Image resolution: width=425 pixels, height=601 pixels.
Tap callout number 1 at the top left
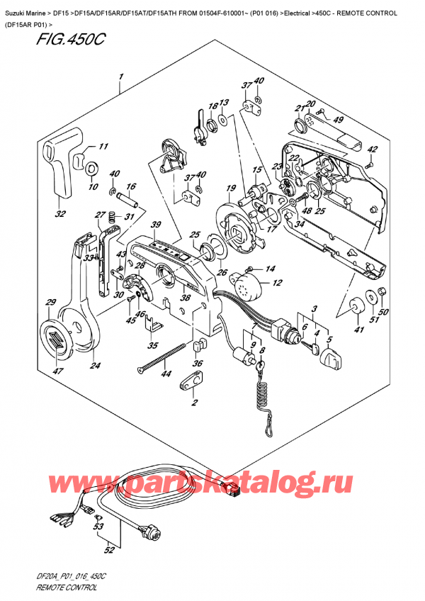(121, 77)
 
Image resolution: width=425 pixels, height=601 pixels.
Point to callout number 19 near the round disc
(231, 188)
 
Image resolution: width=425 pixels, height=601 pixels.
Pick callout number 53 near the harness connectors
(98, 527)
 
